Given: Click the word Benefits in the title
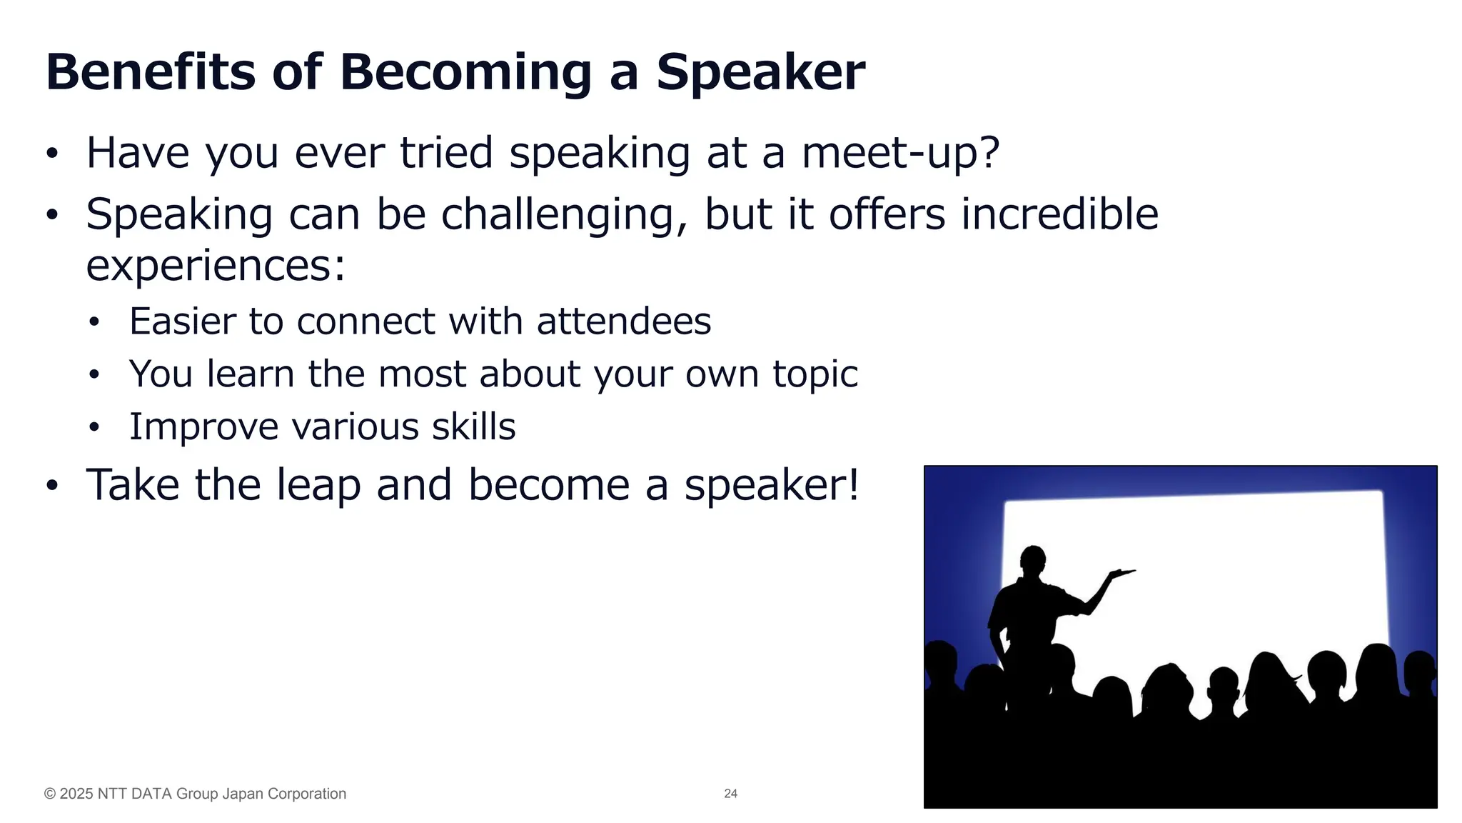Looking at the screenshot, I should pos(150,72).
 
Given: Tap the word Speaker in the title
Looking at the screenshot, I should pos(760,72).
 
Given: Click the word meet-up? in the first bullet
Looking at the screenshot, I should pos(900,153).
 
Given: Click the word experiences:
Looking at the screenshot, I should pos(216,266).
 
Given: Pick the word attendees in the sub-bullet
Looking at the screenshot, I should pos(624,321).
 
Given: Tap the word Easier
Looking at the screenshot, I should pos(183,321).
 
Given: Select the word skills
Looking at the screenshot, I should pos(473,427).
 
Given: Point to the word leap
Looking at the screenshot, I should pos(318,484).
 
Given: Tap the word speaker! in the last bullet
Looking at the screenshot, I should pos(772,484).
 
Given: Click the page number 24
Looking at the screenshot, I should pos(730,794).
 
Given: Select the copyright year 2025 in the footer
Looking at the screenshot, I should pos(76,794).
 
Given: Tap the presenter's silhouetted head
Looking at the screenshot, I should pos(1033,559).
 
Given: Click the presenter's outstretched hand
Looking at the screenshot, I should pos(1122,572).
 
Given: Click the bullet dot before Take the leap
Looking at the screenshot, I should pos(51,486).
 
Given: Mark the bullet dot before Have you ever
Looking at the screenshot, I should pos(51,154).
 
